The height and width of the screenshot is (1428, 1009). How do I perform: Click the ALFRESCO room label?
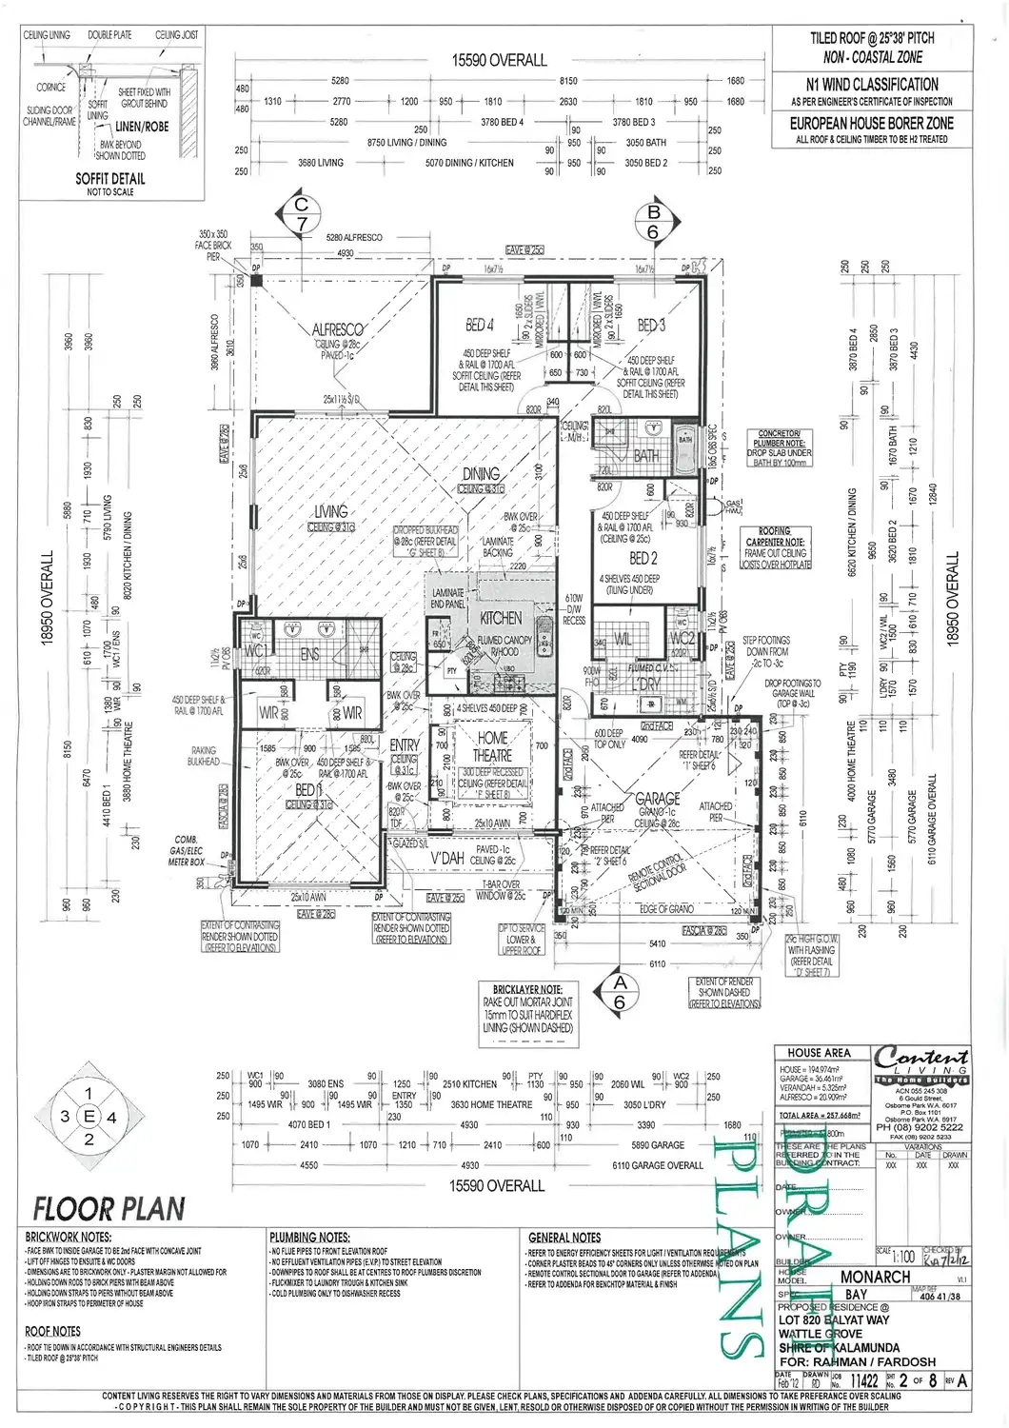338,329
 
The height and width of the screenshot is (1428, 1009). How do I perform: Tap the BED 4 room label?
480,325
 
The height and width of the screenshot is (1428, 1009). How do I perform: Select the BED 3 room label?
651,325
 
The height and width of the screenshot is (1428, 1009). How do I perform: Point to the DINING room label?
481,473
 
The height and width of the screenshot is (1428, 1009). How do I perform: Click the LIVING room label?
331,511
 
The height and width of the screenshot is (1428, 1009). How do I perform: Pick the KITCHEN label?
501,618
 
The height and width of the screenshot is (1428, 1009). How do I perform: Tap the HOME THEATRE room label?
492,745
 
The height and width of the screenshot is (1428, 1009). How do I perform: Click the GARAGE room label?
657,799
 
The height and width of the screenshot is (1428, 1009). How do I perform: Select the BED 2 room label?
643,558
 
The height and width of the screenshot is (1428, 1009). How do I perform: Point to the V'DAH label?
447,858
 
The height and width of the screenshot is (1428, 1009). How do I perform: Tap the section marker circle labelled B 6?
654,223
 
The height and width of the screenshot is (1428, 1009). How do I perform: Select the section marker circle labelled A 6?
620,992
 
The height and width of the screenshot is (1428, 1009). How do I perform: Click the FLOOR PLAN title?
109,1209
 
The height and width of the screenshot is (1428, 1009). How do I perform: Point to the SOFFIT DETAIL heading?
110,179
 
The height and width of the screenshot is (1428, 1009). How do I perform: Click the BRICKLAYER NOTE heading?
527,990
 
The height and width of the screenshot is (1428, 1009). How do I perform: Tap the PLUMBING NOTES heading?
309,1238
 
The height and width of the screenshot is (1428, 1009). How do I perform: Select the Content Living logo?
920,1061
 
